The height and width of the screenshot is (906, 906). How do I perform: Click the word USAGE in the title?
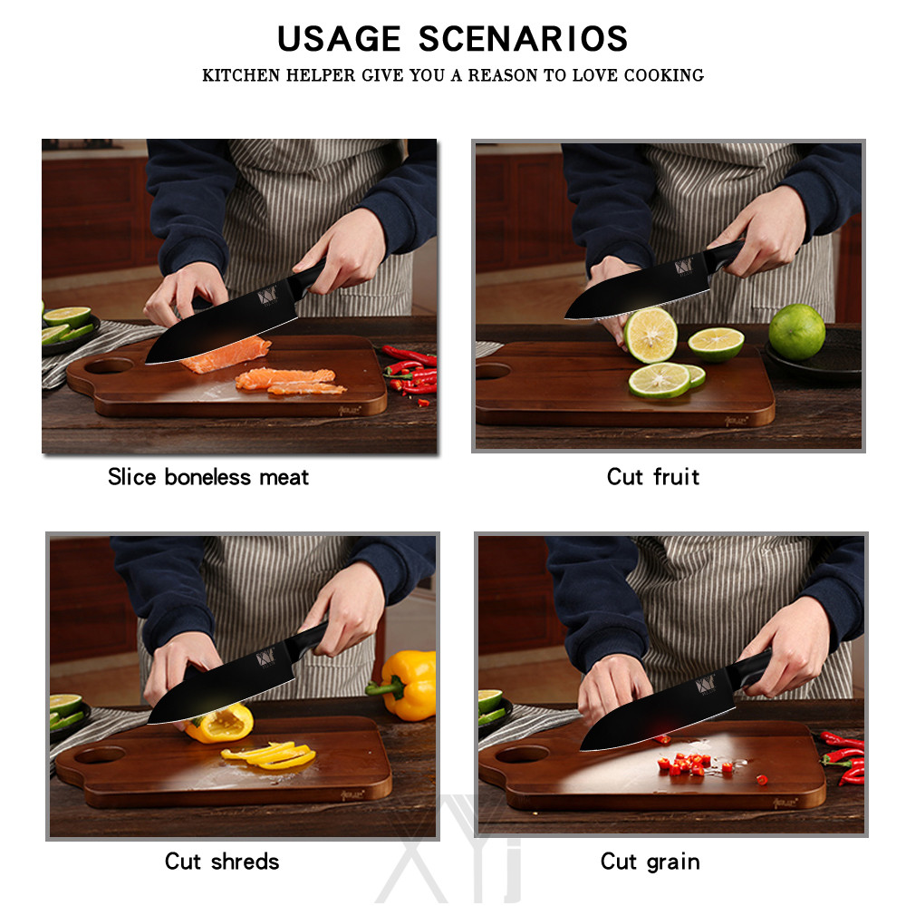click(x=339, y=39)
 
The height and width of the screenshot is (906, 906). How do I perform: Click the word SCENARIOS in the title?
click(x=523, y=39)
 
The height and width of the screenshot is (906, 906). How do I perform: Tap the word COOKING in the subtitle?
click(x=663, y=75)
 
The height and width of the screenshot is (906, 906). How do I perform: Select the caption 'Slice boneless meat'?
click(x=208, y=477)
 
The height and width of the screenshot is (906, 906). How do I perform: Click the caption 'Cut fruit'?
click(x=653, y=477)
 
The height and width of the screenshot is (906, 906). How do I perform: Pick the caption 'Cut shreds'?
click(x=222, y=861)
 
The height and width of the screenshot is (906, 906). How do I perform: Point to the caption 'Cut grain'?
click(x=651, y=861)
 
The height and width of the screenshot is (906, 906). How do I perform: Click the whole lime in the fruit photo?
click(x=796, y=331)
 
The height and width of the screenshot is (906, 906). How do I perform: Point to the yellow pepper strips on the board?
click(x=270, y=755)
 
